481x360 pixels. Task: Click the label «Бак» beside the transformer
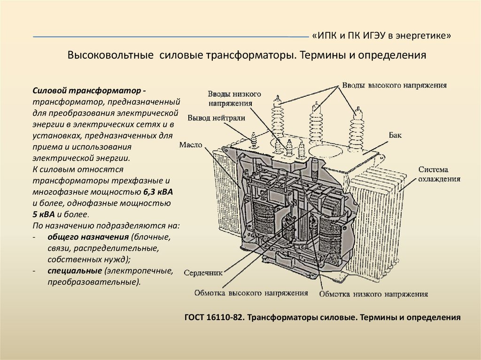[395, 135]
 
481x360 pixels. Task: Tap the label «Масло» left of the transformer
[190, 145]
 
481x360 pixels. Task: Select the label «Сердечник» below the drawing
[203, 272]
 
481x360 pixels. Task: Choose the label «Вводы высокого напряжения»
[394, 85]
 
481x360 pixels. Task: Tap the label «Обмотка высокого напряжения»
[251, 293]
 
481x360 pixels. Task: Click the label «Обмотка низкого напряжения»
[373, 294]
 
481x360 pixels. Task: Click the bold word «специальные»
[75, 271]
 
